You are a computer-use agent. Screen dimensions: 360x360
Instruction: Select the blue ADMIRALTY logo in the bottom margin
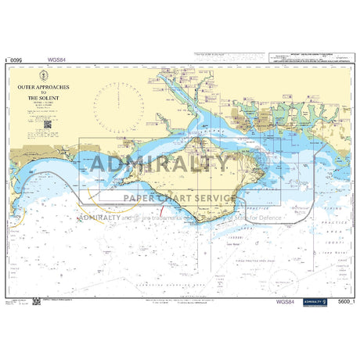click(312, 302)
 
